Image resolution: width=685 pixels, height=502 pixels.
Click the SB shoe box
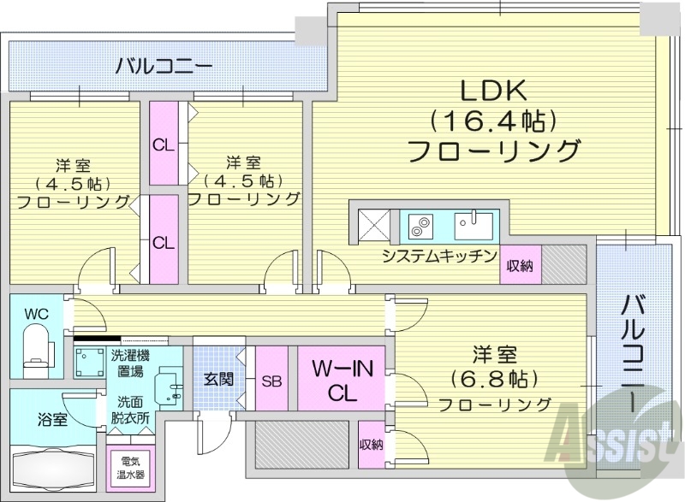[271, 381]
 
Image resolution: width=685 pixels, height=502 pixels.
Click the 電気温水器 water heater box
[133, 467]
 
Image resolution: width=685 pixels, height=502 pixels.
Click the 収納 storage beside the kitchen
[519, 265]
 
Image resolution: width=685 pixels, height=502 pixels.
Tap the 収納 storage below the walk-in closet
[371, 444]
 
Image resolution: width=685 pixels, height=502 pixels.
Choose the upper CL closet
[164, 144]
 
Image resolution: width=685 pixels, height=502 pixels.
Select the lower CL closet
[164, 241]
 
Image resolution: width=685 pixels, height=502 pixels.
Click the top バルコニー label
[164, 65]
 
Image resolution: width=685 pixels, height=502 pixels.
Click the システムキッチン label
[439, 256]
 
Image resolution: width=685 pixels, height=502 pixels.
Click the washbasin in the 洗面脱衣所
[169, 387]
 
